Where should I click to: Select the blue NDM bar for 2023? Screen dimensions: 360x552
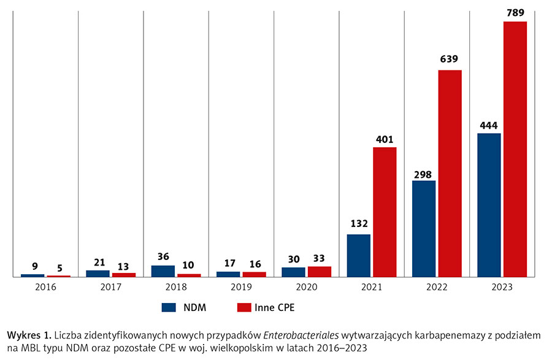pyautogui.click(x=489, y=205)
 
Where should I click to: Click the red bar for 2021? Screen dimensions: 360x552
pyautogui.click(x=385, y=212)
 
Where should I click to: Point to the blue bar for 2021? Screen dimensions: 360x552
pyautogui.click(x=359, y=256)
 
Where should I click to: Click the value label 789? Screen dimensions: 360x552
pyautogui.click(x=515, y=11)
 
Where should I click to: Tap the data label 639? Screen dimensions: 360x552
pyautogui.click(x=450, y=59)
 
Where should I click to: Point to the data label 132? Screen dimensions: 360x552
pyautogui.click(x=359, y=224)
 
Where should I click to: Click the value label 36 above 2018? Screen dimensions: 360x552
pyautogui.click(x=163, y=256)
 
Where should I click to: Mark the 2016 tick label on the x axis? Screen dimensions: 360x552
pyautogui.click(x=45, y=286)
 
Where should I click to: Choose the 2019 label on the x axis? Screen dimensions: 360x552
pyautogui.click(x=241, y=286)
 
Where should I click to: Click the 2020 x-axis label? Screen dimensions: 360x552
pyautogui.click(x=306, y=286)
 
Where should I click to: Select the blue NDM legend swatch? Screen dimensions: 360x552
pyautogui.click(x=169, y=307)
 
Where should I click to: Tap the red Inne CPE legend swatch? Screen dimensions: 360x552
pyautogui.click(x=244, y=307)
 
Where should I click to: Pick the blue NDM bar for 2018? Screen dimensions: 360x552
pyautogui.click(x=163, y=271)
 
